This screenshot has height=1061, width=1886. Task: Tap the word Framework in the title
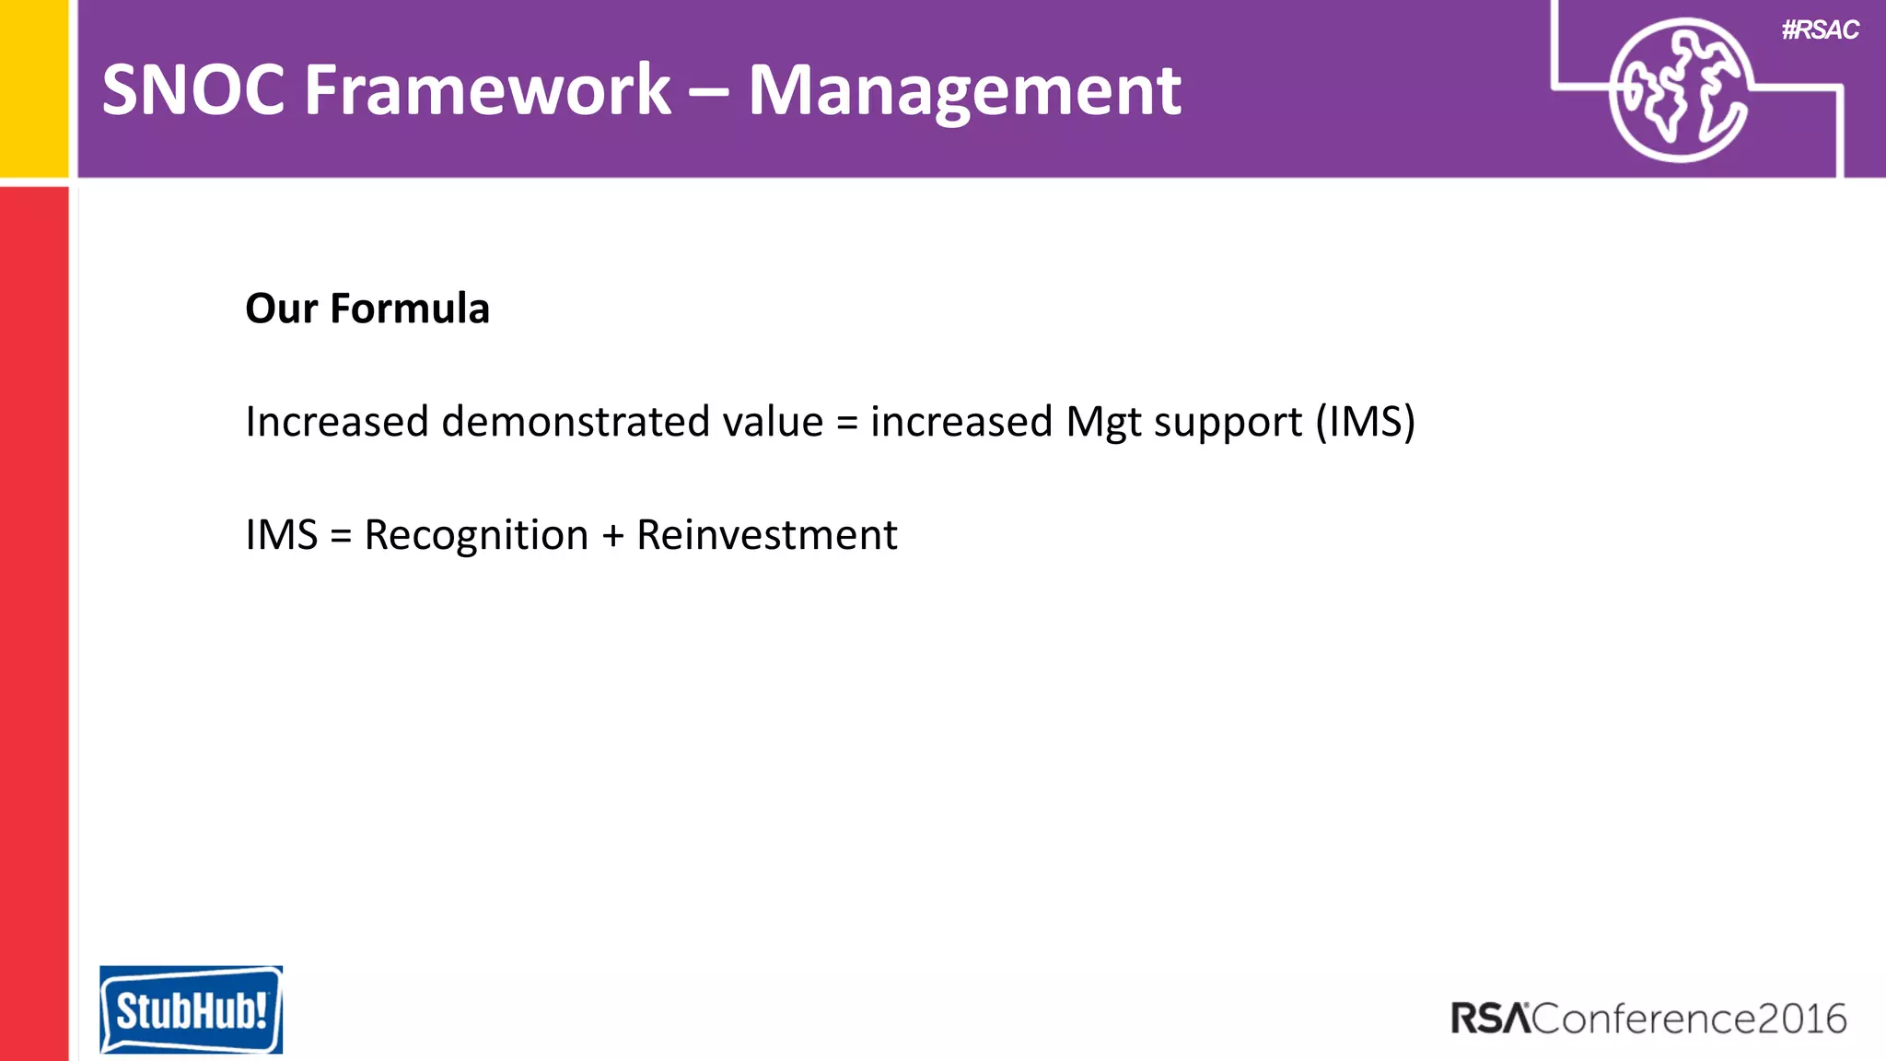pos(488,90)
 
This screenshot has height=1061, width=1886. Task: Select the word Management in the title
pos(964,92)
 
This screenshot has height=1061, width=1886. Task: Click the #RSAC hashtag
pos(1820,30)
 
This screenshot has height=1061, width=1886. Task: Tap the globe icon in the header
pos(1679,90)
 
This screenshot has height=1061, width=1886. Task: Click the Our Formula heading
pos(367,309)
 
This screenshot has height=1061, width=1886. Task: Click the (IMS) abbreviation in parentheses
pos(1365,422)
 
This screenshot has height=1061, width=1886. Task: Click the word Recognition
pos(476,535)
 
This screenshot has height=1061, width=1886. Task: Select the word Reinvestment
pos(766,535)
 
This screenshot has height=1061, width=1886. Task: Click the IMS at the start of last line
pos(281,535)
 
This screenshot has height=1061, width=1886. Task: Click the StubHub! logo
pos(191,1009)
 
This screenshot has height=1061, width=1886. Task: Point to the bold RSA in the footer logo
pos(1490,1019)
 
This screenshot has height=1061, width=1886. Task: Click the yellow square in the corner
pos(33,87)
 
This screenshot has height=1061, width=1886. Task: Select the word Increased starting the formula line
pos(337,422)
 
